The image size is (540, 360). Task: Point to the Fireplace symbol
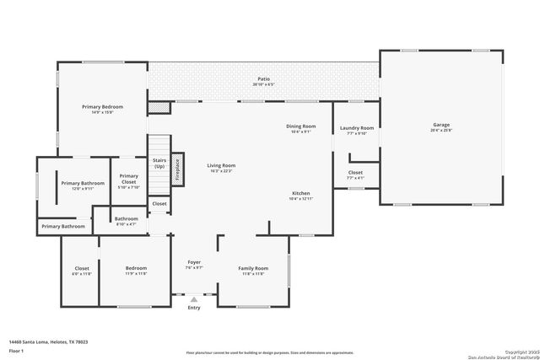pyautogui.click(x=177, y=169)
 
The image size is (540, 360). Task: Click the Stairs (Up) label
pyautogui.click(x=159, y=163)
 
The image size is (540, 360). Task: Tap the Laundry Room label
pyautogui.click(x=356, y=130)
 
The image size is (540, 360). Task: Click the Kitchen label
pyautogui.click(x=301, y=195)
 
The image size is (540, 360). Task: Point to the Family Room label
pyautogui.click(x=253, y=270)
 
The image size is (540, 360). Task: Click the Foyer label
pyautogui.click(x=194, y=265)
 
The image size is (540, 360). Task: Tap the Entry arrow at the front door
pyautogui.click(x=194, y=298)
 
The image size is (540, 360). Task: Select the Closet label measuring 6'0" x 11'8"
pyautogui.click(x=81, y=271)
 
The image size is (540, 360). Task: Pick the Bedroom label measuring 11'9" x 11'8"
pyautogui.click(x=137, y=271)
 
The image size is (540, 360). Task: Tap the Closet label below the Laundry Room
pyautogui.click(x=355, y=175)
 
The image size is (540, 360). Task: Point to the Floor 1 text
pyautogui.click(x=16, y=350)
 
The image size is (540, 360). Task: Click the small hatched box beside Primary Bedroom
pyautogui.click(x=159, y=108)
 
